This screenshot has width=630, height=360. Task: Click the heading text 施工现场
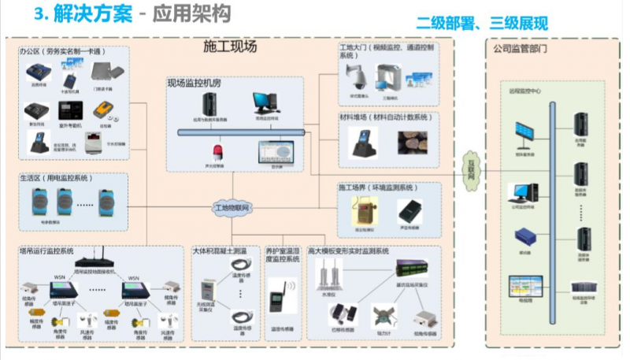229,47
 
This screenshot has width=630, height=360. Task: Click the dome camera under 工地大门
353,76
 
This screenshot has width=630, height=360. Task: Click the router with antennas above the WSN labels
94,258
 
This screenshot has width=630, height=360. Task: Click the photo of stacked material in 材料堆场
412,142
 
